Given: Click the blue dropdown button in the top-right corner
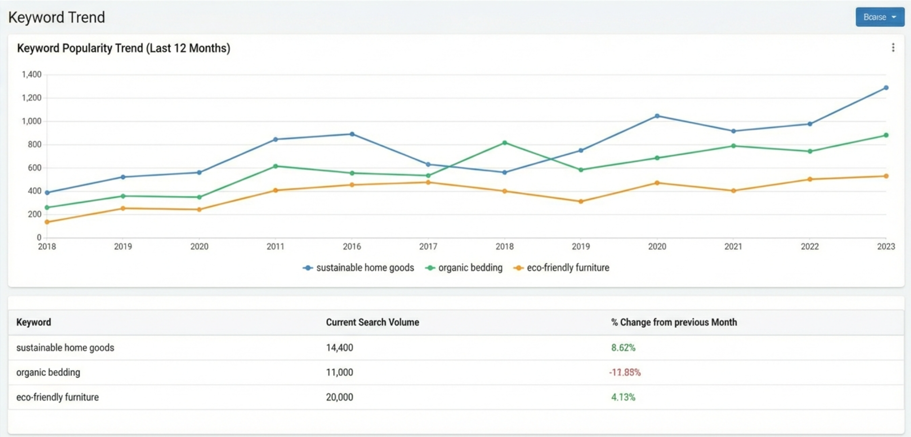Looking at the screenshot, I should (880, 17).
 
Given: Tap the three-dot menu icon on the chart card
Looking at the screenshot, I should (893, 48).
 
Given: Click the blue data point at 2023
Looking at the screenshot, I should (886, 88).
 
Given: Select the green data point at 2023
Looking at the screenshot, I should (886, 135).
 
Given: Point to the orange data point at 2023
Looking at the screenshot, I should (886, 176).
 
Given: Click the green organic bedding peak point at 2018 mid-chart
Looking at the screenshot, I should (505, 143).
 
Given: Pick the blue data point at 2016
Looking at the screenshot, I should (352, 134).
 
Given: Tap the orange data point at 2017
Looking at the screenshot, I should (428, 183).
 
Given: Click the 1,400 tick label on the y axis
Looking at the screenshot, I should (31, 75).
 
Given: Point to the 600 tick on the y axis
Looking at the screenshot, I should (34, 168).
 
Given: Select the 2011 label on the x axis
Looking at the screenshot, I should (275, 246).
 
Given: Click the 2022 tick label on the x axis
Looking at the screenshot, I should (809, 246).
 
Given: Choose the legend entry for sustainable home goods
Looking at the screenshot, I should (359, 268).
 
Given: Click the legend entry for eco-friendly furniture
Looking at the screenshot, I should (562, 268).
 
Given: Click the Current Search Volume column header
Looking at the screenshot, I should (372, 322).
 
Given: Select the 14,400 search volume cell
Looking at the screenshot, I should (339, 348).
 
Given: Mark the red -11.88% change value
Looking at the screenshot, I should (625, 372).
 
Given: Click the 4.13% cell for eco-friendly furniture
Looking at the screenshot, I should (623, 397).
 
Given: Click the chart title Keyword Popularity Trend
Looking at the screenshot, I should (124, 48).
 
